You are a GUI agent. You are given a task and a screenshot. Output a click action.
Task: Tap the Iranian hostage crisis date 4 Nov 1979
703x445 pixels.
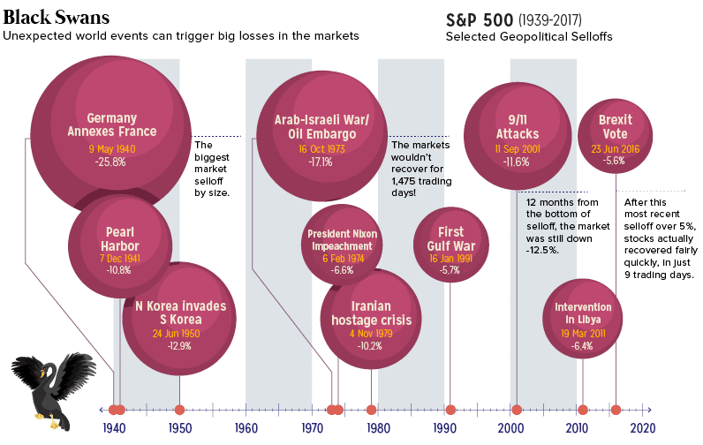pos(370,334)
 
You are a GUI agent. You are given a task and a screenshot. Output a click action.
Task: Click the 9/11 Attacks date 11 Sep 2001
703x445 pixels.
pos(517,148)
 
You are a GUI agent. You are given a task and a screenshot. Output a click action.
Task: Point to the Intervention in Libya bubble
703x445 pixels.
pos(582,320)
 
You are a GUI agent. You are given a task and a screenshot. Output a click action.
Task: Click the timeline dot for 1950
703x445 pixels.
pos(179,410)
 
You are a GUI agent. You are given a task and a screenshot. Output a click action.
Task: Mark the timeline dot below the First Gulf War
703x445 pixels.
pos(450,410)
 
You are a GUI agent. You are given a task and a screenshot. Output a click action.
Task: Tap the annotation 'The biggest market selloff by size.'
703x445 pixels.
pos(211,169)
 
